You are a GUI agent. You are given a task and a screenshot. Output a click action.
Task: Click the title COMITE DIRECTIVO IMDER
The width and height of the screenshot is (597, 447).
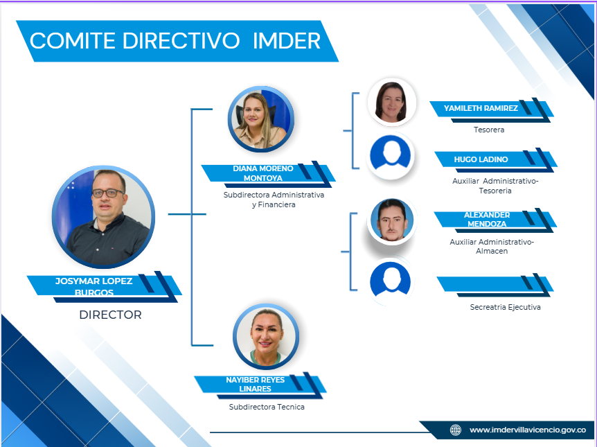(x=175, y=41)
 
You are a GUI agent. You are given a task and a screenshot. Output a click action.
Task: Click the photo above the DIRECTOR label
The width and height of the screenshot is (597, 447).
(x=104, y=216)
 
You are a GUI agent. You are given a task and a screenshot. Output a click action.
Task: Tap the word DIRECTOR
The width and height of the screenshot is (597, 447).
(x=110, y=315)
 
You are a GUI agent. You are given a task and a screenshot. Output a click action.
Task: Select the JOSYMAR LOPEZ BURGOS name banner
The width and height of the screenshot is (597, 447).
(x=104, y=287)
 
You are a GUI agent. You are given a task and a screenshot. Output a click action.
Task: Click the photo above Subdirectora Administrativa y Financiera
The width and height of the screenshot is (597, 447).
(x=261, y=119)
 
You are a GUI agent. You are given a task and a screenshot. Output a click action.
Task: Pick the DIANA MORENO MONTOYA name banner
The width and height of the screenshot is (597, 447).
(x=268, y=174)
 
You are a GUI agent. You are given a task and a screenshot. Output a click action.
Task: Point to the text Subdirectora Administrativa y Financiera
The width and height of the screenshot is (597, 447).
(x=274, y=200)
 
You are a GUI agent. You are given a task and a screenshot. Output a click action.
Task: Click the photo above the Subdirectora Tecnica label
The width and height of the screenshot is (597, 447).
(x=266, y=337)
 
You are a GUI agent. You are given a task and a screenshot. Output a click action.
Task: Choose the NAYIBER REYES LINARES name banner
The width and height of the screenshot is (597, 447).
(x=260, y=385)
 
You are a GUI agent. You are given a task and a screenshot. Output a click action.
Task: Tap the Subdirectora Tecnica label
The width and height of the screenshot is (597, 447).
(x=267, y=407)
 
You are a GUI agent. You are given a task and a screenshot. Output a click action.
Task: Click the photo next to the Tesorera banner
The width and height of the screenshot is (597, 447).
(x=392, y=102)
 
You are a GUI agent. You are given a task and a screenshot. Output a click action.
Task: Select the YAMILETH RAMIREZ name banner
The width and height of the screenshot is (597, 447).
(x=492, y=109)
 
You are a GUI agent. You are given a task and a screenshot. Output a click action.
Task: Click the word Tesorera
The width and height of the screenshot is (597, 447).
(x=489, y=130)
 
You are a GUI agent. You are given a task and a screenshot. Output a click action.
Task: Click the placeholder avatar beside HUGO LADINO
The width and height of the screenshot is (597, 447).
(x=390, y=156)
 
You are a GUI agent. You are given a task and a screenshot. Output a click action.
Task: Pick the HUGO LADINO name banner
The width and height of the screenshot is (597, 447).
(x=496, y=160)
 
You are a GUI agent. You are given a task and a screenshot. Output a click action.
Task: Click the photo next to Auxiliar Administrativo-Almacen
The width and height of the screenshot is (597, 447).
(x=392, y=221)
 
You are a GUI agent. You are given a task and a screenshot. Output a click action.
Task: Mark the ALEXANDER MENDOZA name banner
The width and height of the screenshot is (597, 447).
(x=495, y=220)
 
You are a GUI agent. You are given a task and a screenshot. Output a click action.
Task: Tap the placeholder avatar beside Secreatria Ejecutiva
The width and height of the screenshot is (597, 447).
(x=390, y=282)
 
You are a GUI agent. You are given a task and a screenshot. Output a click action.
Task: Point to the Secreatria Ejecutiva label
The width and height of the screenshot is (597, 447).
(x=506, y=307)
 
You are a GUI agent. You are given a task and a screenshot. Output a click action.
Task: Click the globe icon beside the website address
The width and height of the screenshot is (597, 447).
(x=455, y=430)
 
